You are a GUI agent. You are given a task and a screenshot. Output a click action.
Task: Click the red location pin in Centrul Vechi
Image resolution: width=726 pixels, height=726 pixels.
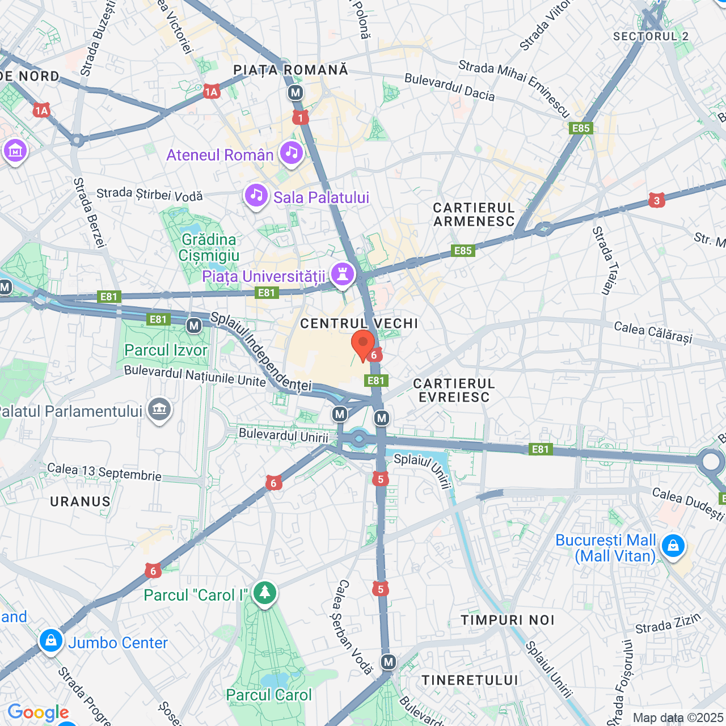(363, 345)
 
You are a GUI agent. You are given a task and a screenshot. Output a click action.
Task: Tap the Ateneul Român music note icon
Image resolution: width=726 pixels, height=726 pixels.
(292, 152)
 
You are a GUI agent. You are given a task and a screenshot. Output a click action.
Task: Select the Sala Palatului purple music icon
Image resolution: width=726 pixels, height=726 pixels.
(256, 196)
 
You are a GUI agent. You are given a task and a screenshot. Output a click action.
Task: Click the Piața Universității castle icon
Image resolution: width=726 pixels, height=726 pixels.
(342, 274)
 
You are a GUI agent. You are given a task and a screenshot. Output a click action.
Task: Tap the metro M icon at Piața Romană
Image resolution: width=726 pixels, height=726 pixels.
(295, 92)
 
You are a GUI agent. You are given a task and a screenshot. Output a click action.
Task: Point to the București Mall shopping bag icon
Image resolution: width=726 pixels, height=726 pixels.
(673, 546)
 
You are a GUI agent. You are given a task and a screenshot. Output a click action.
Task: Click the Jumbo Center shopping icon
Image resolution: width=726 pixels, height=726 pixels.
(50, 640)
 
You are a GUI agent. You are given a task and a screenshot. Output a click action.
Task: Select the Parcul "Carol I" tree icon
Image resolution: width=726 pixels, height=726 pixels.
(264, 593)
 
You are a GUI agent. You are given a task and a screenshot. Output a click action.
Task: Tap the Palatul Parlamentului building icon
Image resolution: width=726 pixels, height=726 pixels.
(159, 409)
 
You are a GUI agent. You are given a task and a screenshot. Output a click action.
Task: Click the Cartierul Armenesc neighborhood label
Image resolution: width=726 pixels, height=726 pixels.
(474, 215)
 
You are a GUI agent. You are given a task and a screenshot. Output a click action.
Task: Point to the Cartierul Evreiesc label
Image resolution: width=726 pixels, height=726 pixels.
(454, 390)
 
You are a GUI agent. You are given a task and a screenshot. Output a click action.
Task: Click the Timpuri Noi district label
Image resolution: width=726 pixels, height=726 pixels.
(507, 620)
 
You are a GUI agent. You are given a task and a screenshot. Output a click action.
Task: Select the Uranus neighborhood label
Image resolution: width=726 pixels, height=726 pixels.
(80, 501)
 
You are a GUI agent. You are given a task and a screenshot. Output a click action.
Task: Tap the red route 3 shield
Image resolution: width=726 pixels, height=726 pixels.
(657, 200)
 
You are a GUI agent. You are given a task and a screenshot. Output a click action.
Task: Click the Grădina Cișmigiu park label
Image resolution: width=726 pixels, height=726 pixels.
(209, 247)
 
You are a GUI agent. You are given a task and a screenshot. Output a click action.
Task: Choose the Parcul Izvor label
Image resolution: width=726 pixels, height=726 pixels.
(166, 350)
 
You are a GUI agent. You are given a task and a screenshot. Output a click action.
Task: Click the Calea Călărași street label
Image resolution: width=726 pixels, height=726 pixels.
(653, 332)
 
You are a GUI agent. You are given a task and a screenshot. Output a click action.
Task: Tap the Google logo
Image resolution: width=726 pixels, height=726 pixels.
(38, 712)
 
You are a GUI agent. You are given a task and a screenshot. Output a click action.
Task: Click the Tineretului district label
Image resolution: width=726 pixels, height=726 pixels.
(470, 680)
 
